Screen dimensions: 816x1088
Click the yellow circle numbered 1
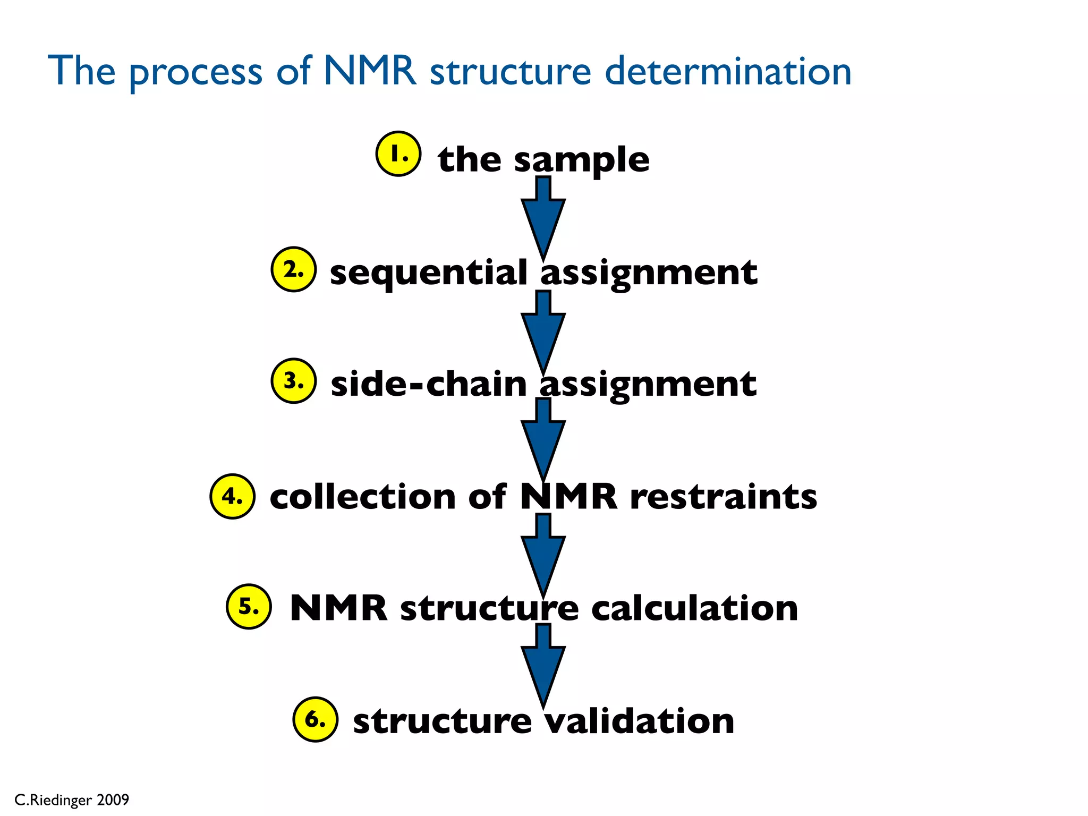click(x=398, y=154)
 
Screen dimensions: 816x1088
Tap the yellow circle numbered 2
click(x=294, y=269)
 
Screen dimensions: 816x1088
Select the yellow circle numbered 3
click(x=294, y=381)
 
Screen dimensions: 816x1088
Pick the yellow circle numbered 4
click(x=233, y=496)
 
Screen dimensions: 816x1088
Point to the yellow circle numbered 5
click(x=249, y=607)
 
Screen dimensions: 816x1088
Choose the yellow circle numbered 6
click(x=316, y=719)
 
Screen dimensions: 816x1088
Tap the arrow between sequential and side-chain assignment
click(x=543, y=335)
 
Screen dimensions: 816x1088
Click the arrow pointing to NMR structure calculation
click(x=543, y=558)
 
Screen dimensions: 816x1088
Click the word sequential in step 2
click(x=428, y=273)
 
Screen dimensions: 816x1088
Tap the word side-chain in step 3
click(x=428, y=384)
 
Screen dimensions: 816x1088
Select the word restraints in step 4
click(x=724, y=497)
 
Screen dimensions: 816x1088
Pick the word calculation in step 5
click(x=694, y=608)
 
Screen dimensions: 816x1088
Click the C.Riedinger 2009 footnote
click(x=72, y=800)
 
